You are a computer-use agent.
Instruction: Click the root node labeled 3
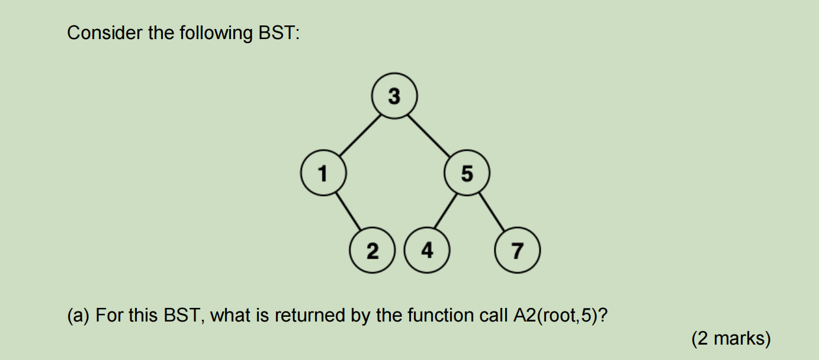[x=394, y=96]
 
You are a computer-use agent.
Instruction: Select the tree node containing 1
[x=323, y=172]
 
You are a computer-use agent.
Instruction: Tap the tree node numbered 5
[x=467, y=172]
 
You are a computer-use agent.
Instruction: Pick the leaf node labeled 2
[x=372, y=250]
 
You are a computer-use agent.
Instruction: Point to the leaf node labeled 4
[x=427, y=250]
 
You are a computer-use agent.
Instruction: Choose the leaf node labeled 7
[x=517, y=250]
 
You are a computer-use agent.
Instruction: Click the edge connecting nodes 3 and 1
[x=360, y=135]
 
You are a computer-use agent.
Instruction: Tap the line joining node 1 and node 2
[x=348, y=211]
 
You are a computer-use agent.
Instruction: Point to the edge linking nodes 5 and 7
[x=492, y=211]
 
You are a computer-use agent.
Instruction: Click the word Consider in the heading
[x=105, y=33]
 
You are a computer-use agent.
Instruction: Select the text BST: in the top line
[x=279, y=33]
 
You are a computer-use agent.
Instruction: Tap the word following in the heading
[x=216, y=34]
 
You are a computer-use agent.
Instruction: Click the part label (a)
[x=78, y=316]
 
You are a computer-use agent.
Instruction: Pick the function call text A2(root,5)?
[x=560, y=316]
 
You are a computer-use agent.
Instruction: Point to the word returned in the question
[x=310, y=315]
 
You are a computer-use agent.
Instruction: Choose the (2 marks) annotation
[x=731, y=339]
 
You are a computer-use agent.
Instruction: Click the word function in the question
[x=441, y=315]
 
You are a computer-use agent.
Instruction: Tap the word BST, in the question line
[x=184, y=316]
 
